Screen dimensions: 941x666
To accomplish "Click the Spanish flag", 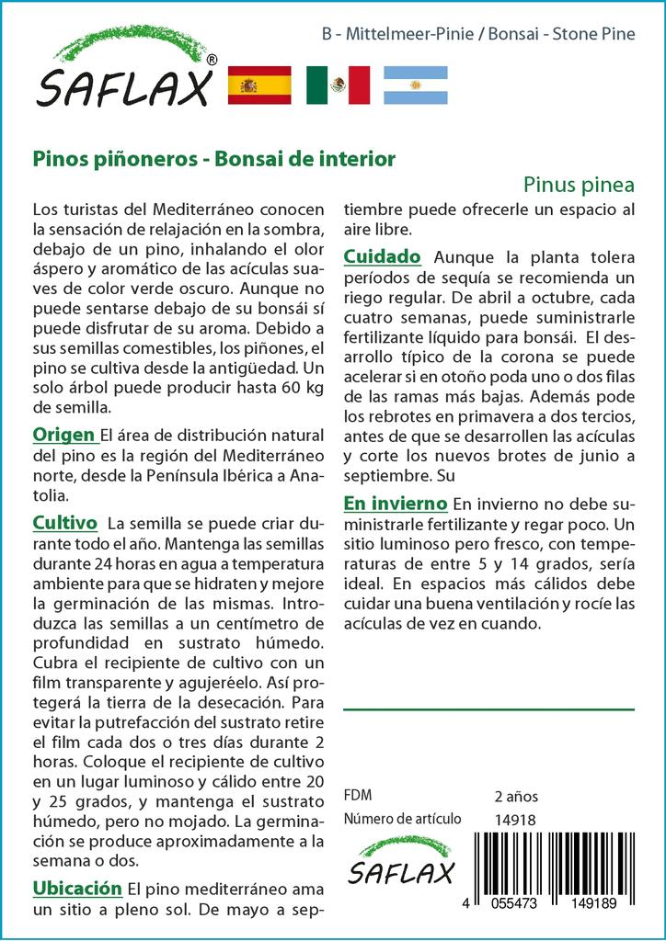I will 258,85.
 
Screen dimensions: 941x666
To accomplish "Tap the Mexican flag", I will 338,85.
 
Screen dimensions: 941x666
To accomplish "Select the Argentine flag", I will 416,85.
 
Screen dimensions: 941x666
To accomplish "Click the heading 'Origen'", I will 63,435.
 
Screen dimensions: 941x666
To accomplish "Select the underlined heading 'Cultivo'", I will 64,523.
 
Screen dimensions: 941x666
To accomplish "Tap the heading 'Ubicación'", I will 77,888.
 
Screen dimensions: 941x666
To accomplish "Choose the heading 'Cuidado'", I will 382,255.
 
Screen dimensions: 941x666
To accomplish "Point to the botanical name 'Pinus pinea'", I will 579,182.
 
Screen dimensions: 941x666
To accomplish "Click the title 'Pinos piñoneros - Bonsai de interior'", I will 214,158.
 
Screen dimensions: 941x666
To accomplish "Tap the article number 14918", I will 515,820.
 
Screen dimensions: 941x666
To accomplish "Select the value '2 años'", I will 516,796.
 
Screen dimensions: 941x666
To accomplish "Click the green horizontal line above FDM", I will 488,709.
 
